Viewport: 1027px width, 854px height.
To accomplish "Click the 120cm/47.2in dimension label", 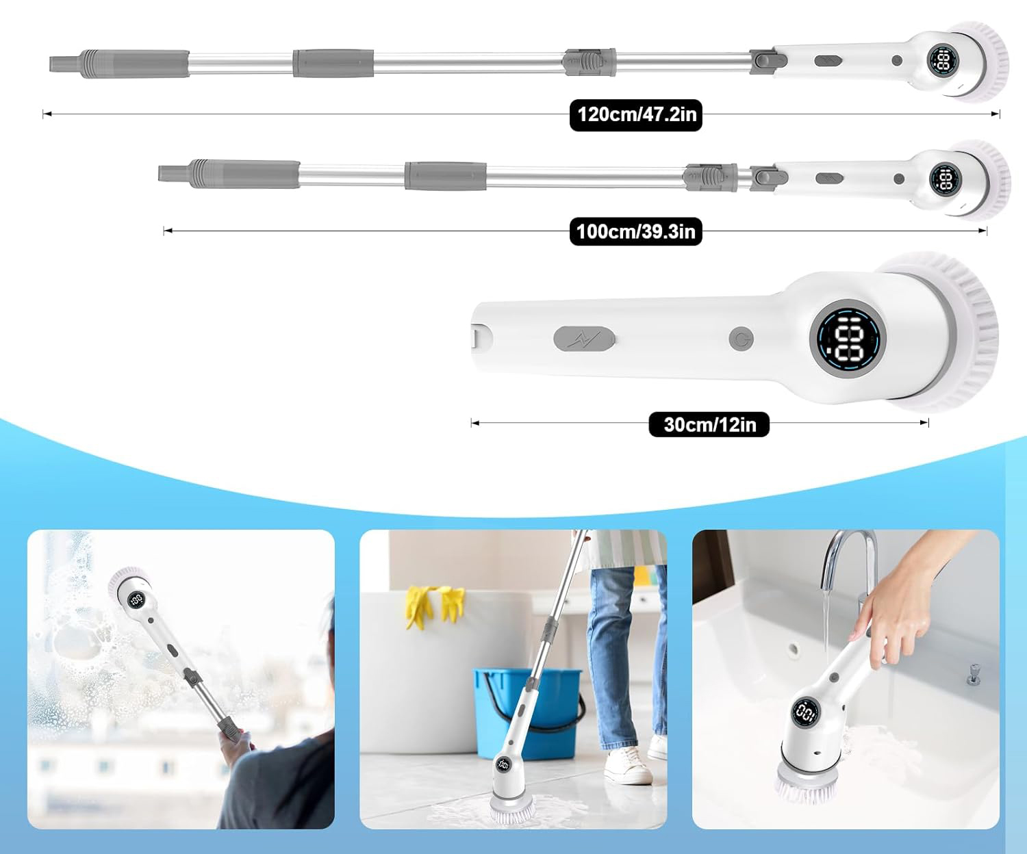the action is [635, 115].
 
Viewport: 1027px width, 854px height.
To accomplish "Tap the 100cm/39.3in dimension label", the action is [635, 231].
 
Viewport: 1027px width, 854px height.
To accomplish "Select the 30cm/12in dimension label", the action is [709, 425].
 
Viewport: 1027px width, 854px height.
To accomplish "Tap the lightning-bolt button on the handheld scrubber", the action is [584, 339].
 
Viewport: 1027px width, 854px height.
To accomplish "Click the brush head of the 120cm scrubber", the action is [981, 62].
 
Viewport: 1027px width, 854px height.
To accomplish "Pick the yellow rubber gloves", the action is [435, 606].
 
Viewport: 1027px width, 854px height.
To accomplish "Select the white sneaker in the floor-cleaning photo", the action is [628, 765].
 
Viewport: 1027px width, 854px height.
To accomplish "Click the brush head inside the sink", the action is [807, 788].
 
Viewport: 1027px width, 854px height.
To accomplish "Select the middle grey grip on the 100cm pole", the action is [446, 175].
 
